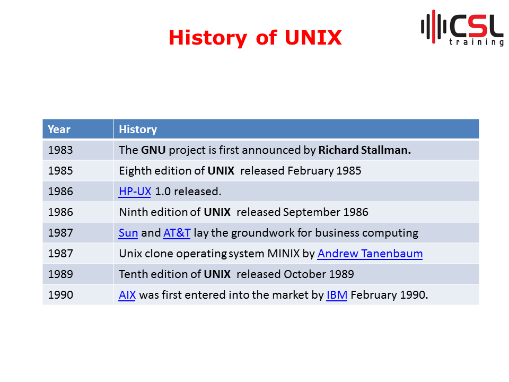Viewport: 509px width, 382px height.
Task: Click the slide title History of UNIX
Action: pos(255,38)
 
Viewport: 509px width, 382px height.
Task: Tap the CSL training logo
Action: pos(462,28)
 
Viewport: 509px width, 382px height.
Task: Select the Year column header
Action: pos(59,129)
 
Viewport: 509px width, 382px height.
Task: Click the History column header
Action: pos(138,129)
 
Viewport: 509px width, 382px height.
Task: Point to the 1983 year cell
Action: pos(60,150)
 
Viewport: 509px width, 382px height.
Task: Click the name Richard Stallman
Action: pos(365,150)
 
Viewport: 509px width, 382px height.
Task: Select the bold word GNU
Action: pos(153,150)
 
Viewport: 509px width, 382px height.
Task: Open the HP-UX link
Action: pos(135,192)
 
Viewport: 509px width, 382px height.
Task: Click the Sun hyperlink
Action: pos(128,233)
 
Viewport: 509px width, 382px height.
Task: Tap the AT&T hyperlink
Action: pos(177,233)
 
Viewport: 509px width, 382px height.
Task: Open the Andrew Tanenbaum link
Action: pos(370,254)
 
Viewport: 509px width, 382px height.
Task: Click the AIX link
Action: pos(127,295)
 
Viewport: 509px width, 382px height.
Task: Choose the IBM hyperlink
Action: pos(337,295)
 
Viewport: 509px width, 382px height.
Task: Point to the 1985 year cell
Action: pos(60,171)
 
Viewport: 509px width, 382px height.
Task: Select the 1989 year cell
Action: pos(60,274)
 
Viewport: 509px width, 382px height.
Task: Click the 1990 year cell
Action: pos(60,295)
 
